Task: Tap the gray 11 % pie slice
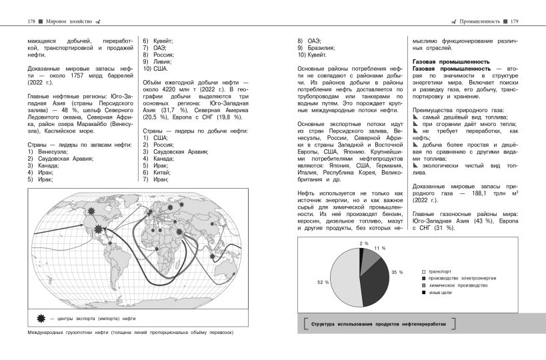[369, 257]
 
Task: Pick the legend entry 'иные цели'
[440, 291]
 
